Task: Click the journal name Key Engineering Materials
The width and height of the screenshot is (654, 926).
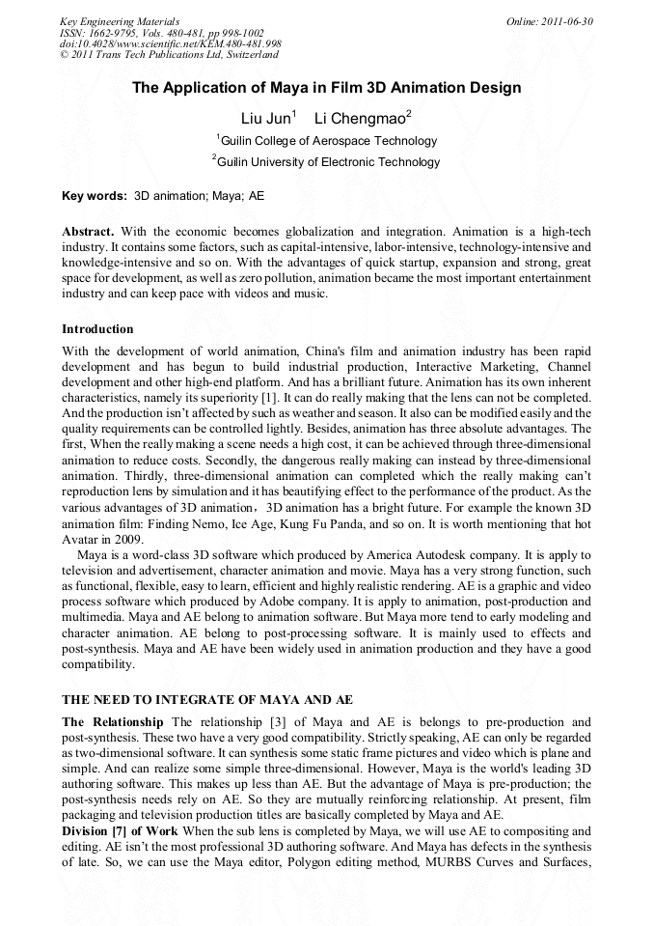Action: click(x=120, y=20)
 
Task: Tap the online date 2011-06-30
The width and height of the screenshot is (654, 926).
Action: click(x=549, y=20)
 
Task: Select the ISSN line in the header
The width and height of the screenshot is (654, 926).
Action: click(x=161, y=33)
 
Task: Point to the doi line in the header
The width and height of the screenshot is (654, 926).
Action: click(x=171, y=44)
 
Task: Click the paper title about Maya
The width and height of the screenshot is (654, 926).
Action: click(x=326, y=88)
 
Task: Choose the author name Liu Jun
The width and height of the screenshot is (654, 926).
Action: click(x=260, y=119)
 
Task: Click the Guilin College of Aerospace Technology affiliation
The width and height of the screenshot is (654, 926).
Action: click(x=327, y=141)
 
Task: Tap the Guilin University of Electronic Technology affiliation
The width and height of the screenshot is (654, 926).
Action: click(x=327, y=162)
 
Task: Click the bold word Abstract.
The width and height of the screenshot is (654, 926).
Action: click(x=88, y=233)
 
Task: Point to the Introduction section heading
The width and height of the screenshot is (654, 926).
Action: click(x=97, y=329)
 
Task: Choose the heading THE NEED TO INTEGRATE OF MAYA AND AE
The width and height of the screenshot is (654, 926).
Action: click(x=207, y=699)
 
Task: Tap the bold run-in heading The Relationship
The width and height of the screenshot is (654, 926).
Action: click(x=114, y=722)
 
